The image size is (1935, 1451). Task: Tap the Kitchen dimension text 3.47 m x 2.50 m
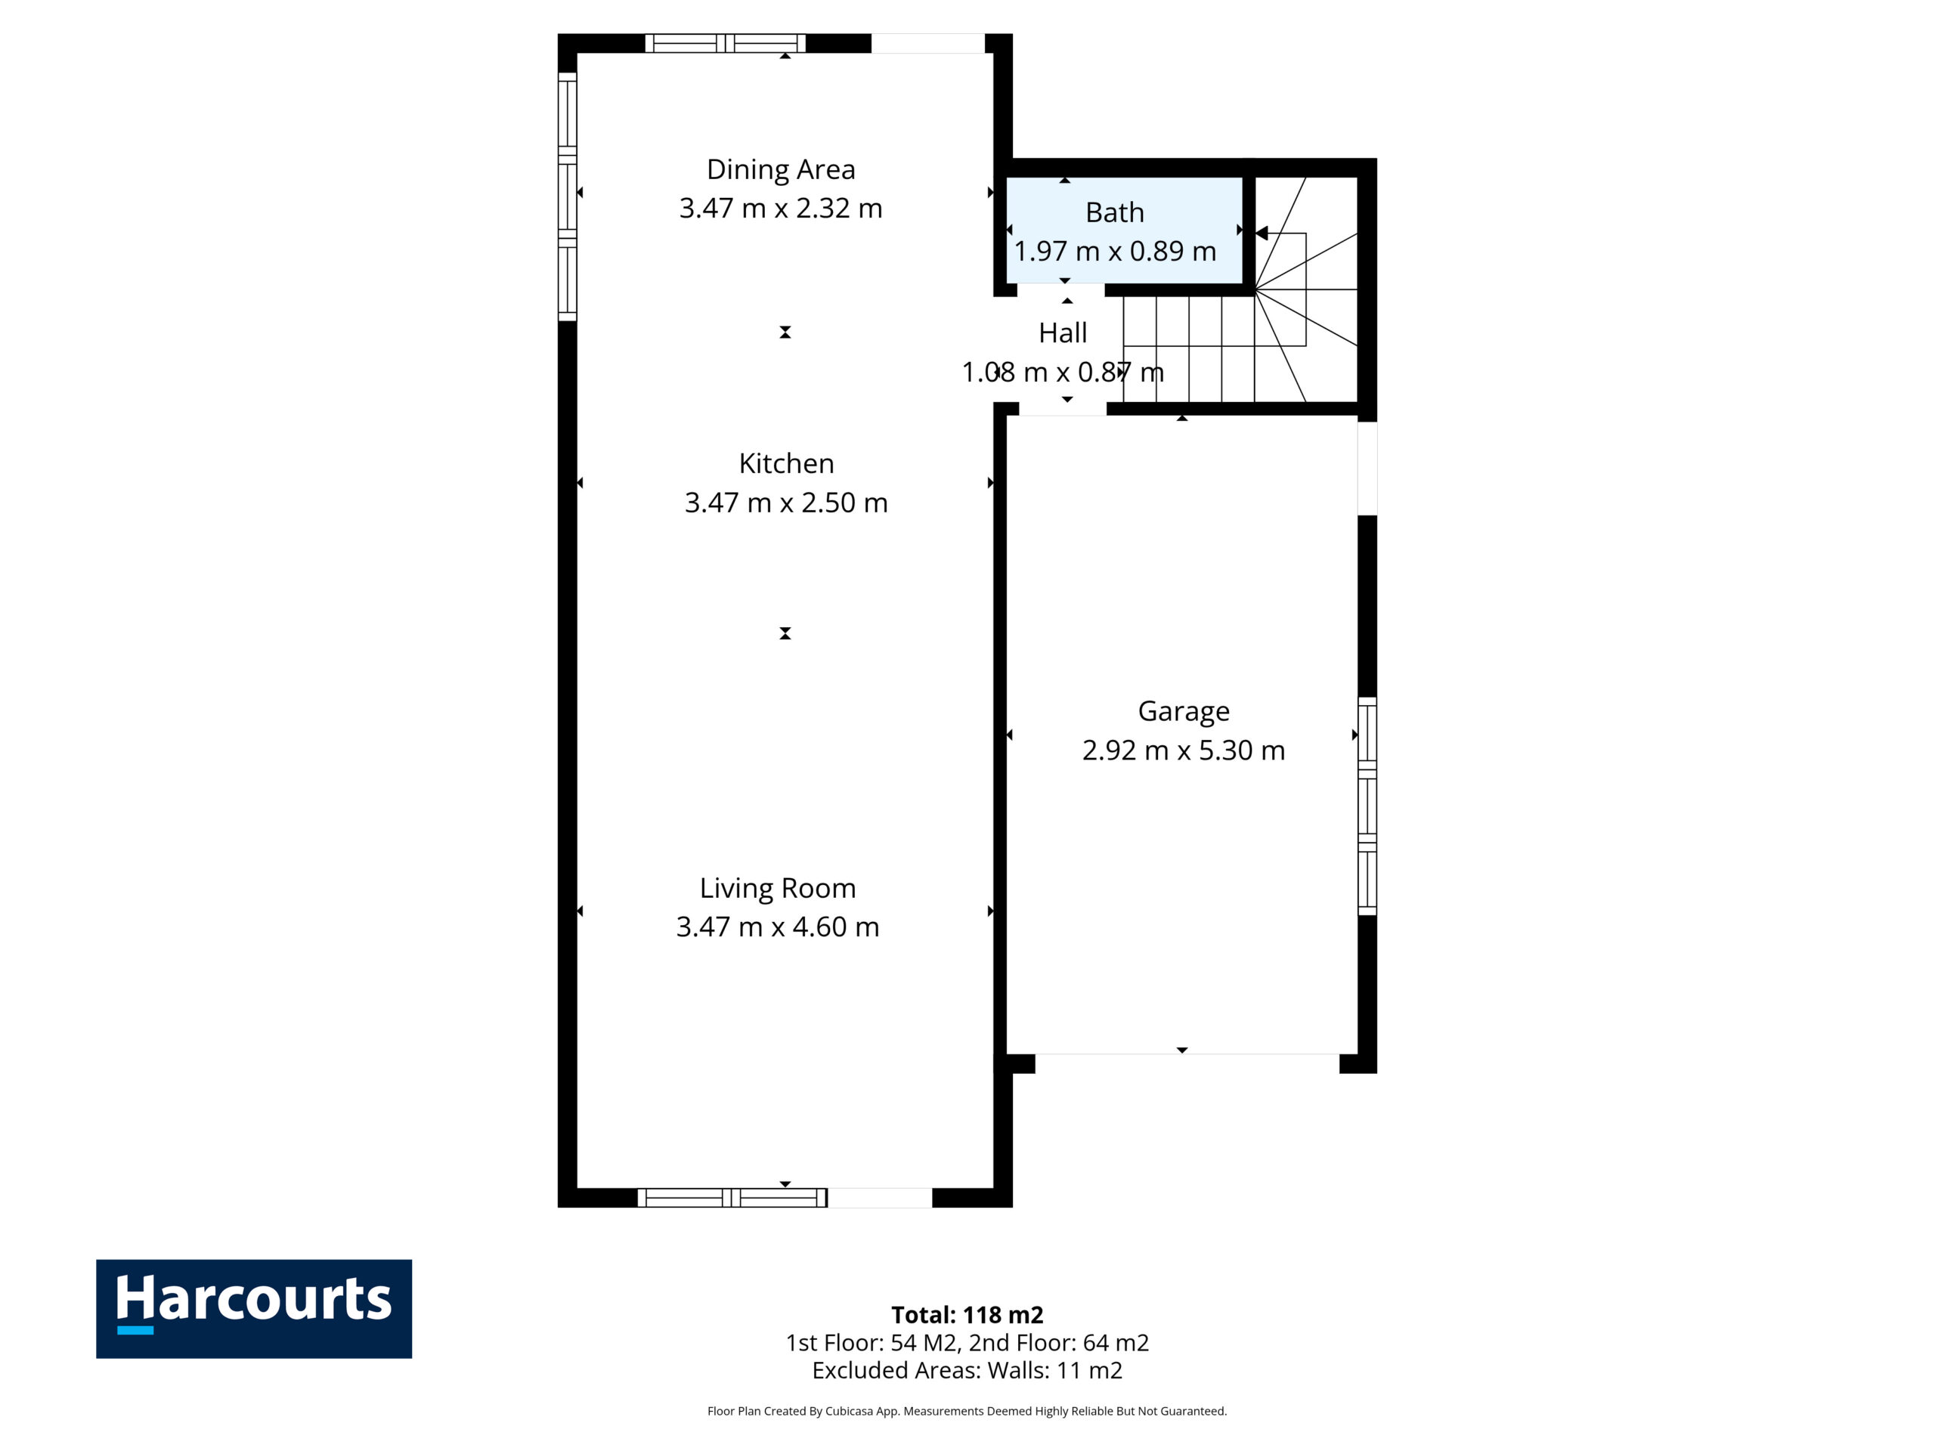[x=785, y=503]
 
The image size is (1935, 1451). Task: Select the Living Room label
[x=778, y=889]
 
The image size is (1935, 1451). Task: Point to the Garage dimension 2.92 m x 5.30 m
[x=1184, y=750]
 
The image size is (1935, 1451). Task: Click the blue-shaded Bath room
[x=1124, y=230]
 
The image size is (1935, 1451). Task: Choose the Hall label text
[x=1063, y=333]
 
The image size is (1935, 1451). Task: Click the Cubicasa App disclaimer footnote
[x=967, y=1411]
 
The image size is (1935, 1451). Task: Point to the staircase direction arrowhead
[x=1262, y=234]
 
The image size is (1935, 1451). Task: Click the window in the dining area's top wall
[x=725, y=44]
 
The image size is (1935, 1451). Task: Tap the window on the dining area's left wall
[x=568, y=196]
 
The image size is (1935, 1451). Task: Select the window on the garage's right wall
[x=1367, y=806]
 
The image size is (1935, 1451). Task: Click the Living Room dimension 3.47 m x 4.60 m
[x=778, y=927]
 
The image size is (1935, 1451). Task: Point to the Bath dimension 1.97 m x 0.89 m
[x=1114, y=251]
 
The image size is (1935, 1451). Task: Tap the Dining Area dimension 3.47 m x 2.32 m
[x=780, y=208]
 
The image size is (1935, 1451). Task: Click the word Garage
[x=1184, y=711]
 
